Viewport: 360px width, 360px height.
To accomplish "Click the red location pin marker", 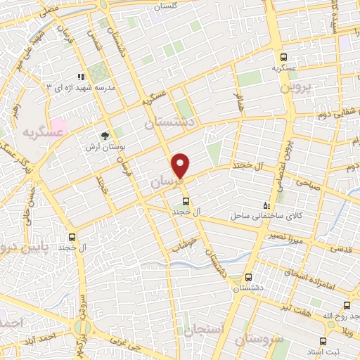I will pos(181,165).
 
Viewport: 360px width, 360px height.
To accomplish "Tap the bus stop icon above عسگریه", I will pos(283,58).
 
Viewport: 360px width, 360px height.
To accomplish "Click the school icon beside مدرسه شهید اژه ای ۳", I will pos(81,76).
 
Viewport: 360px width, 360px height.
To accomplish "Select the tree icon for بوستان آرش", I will pos(105,136).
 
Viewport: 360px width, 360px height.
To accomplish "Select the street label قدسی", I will pos(341,248).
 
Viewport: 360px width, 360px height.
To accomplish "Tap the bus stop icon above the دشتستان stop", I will pos(247,277).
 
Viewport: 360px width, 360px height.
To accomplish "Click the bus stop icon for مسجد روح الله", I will pos(347,305).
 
